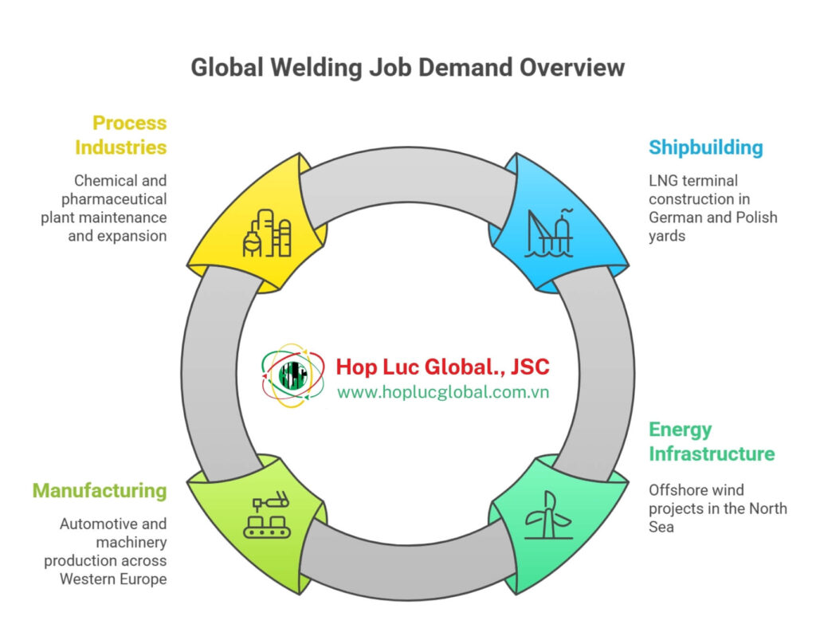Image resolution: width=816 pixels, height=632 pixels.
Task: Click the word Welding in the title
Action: pos(312,68)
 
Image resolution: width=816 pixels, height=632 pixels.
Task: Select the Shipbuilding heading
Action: pos(705,147)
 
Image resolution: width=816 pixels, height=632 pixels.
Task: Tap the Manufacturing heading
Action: pos(100,490)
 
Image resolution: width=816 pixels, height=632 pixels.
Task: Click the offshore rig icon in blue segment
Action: pos(549,233)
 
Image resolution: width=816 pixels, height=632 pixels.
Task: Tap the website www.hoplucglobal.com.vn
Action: pos(442,392)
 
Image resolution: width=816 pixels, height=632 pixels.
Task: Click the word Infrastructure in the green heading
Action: pos(711,453)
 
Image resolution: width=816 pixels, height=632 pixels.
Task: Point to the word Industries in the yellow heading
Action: pos(121,147)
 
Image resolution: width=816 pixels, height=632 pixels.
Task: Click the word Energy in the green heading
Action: pos(680,430)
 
